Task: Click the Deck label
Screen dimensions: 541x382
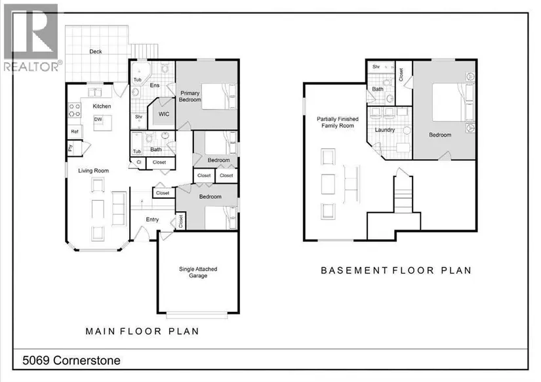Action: [96, 51]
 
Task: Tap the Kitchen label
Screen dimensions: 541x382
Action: [102, 106]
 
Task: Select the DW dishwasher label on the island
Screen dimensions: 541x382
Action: [98, 119]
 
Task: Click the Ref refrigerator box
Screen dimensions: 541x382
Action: [75, 131]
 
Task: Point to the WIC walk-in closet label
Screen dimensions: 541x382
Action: [164, 114]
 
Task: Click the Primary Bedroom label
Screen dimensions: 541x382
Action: [190, 96]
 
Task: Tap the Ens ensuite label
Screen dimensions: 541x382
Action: [155, 85]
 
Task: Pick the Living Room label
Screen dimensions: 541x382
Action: [93, 171]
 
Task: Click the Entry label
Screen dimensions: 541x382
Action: [152, 219]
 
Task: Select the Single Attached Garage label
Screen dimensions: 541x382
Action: [198, 272]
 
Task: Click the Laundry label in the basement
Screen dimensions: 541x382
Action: [385, 130]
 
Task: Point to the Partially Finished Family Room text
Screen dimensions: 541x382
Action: [338, 122]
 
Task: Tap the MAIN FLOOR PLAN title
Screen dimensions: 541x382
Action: [142, 331]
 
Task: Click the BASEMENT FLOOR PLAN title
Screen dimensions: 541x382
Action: [396, 270]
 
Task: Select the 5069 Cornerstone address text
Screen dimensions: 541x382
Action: [71, 360]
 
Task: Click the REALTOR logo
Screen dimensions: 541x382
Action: [32, 37]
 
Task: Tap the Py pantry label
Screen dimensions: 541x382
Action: [70, 148]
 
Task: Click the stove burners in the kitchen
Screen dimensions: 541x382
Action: [75, 110]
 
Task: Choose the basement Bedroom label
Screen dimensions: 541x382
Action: [440, 135]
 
